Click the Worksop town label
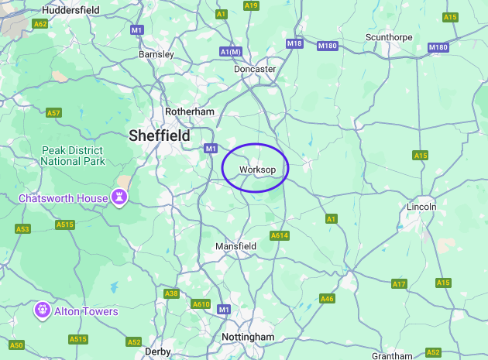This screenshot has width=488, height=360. click(x=258, y=170)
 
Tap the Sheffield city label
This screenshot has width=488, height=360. click(x=160, y=135)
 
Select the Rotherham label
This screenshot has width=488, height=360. click(x=189, y=111)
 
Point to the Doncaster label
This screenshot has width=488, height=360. click(x=255, y=69)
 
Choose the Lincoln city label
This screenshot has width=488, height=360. click(x=422, y=207)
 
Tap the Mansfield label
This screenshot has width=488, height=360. click(x=235, y=246)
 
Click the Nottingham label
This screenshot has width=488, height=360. click(x=248, y=338)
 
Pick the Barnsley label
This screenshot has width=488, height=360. click(x=156, y=54)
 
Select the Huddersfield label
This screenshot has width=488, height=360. click(x=70, y=10)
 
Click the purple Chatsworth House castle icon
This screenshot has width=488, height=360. click(x=120, y=197)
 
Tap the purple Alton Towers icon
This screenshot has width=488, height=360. click(x=43, y=310)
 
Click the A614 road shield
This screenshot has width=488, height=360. click(x=279, y=235)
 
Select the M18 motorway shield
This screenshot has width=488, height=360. click(x=294, y=43)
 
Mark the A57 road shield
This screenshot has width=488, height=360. click(x=53, y=113)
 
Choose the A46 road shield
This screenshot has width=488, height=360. click(x=327, y=298)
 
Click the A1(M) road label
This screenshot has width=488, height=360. click(x=231, y=52)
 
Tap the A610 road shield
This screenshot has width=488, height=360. click(x=201, y=304)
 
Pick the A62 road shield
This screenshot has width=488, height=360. click(x=40, y=24)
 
